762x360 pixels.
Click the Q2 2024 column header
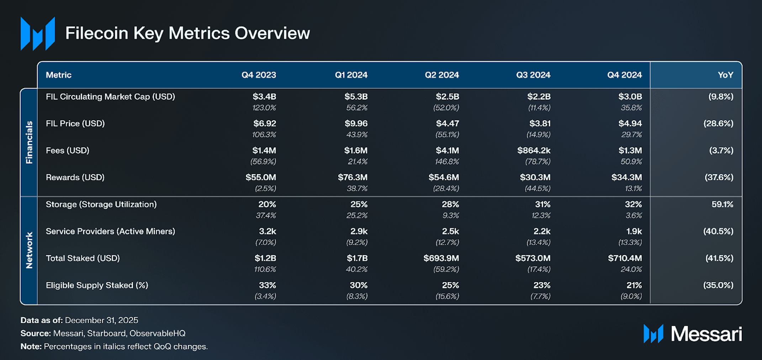(441, 75)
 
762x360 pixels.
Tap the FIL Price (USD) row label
(75, 123)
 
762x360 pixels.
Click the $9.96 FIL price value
(356, 123)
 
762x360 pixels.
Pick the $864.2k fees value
(534, 150)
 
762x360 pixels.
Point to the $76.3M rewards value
(353, 177)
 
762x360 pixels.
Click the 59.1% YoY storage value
(722, 204)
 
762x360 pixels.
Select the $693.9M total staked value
(441, 258)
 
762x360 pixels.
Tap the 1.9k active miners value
(634, 231)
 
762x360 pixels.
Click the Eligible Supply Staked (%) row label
(97, 285)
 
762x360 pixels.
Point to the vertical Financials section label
(29, 142)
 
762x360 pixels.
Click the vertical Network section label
(29, 250)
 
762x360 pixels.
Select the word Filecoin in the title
(97, 33)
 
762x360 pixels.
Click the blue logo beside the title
(38, 33)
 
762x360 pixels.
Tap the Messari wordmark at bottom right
(706, 334)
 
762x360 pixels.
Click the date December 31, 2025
(101, 320)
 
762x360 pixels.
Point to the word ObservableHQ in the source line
(157, 333)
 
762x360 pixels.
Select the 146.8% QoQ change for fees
(447, 162)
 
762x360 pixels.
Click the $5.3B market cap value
(356, 96)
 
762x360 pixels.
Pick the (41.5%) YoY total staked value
(719, 258)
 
